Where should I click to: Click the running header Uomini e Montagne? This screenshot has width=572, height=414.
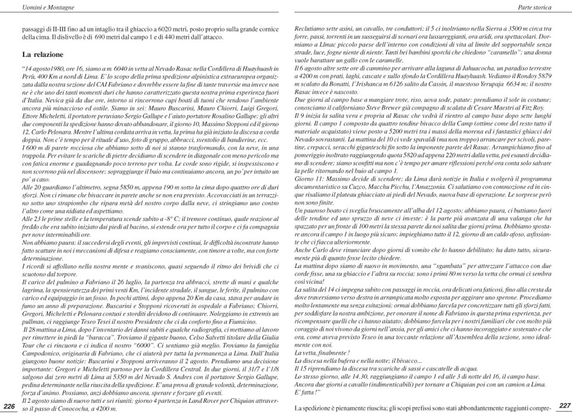pos(33,6)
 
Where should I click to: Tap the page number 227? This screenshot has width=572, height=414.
pos(563,405)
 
